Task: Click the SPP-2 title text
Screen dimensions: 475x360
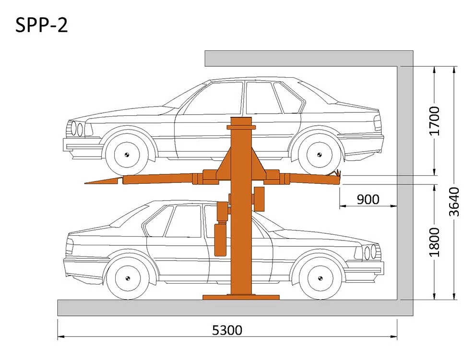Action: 41,25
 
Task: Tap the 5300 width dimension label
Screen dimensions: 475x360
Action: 227,330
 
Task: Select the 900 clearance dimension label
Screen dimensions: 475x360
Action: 368,199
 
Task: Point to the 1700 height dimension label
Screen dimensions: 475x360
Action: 434,121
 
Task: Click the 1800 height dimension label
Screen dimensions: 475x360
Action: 434,242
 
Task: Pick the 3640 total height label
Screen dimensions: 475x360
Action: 454,202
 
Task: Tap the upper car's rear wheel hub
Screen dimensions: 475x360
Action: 319,155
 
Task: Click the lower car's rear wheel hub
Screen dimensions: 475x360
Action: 128,278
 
